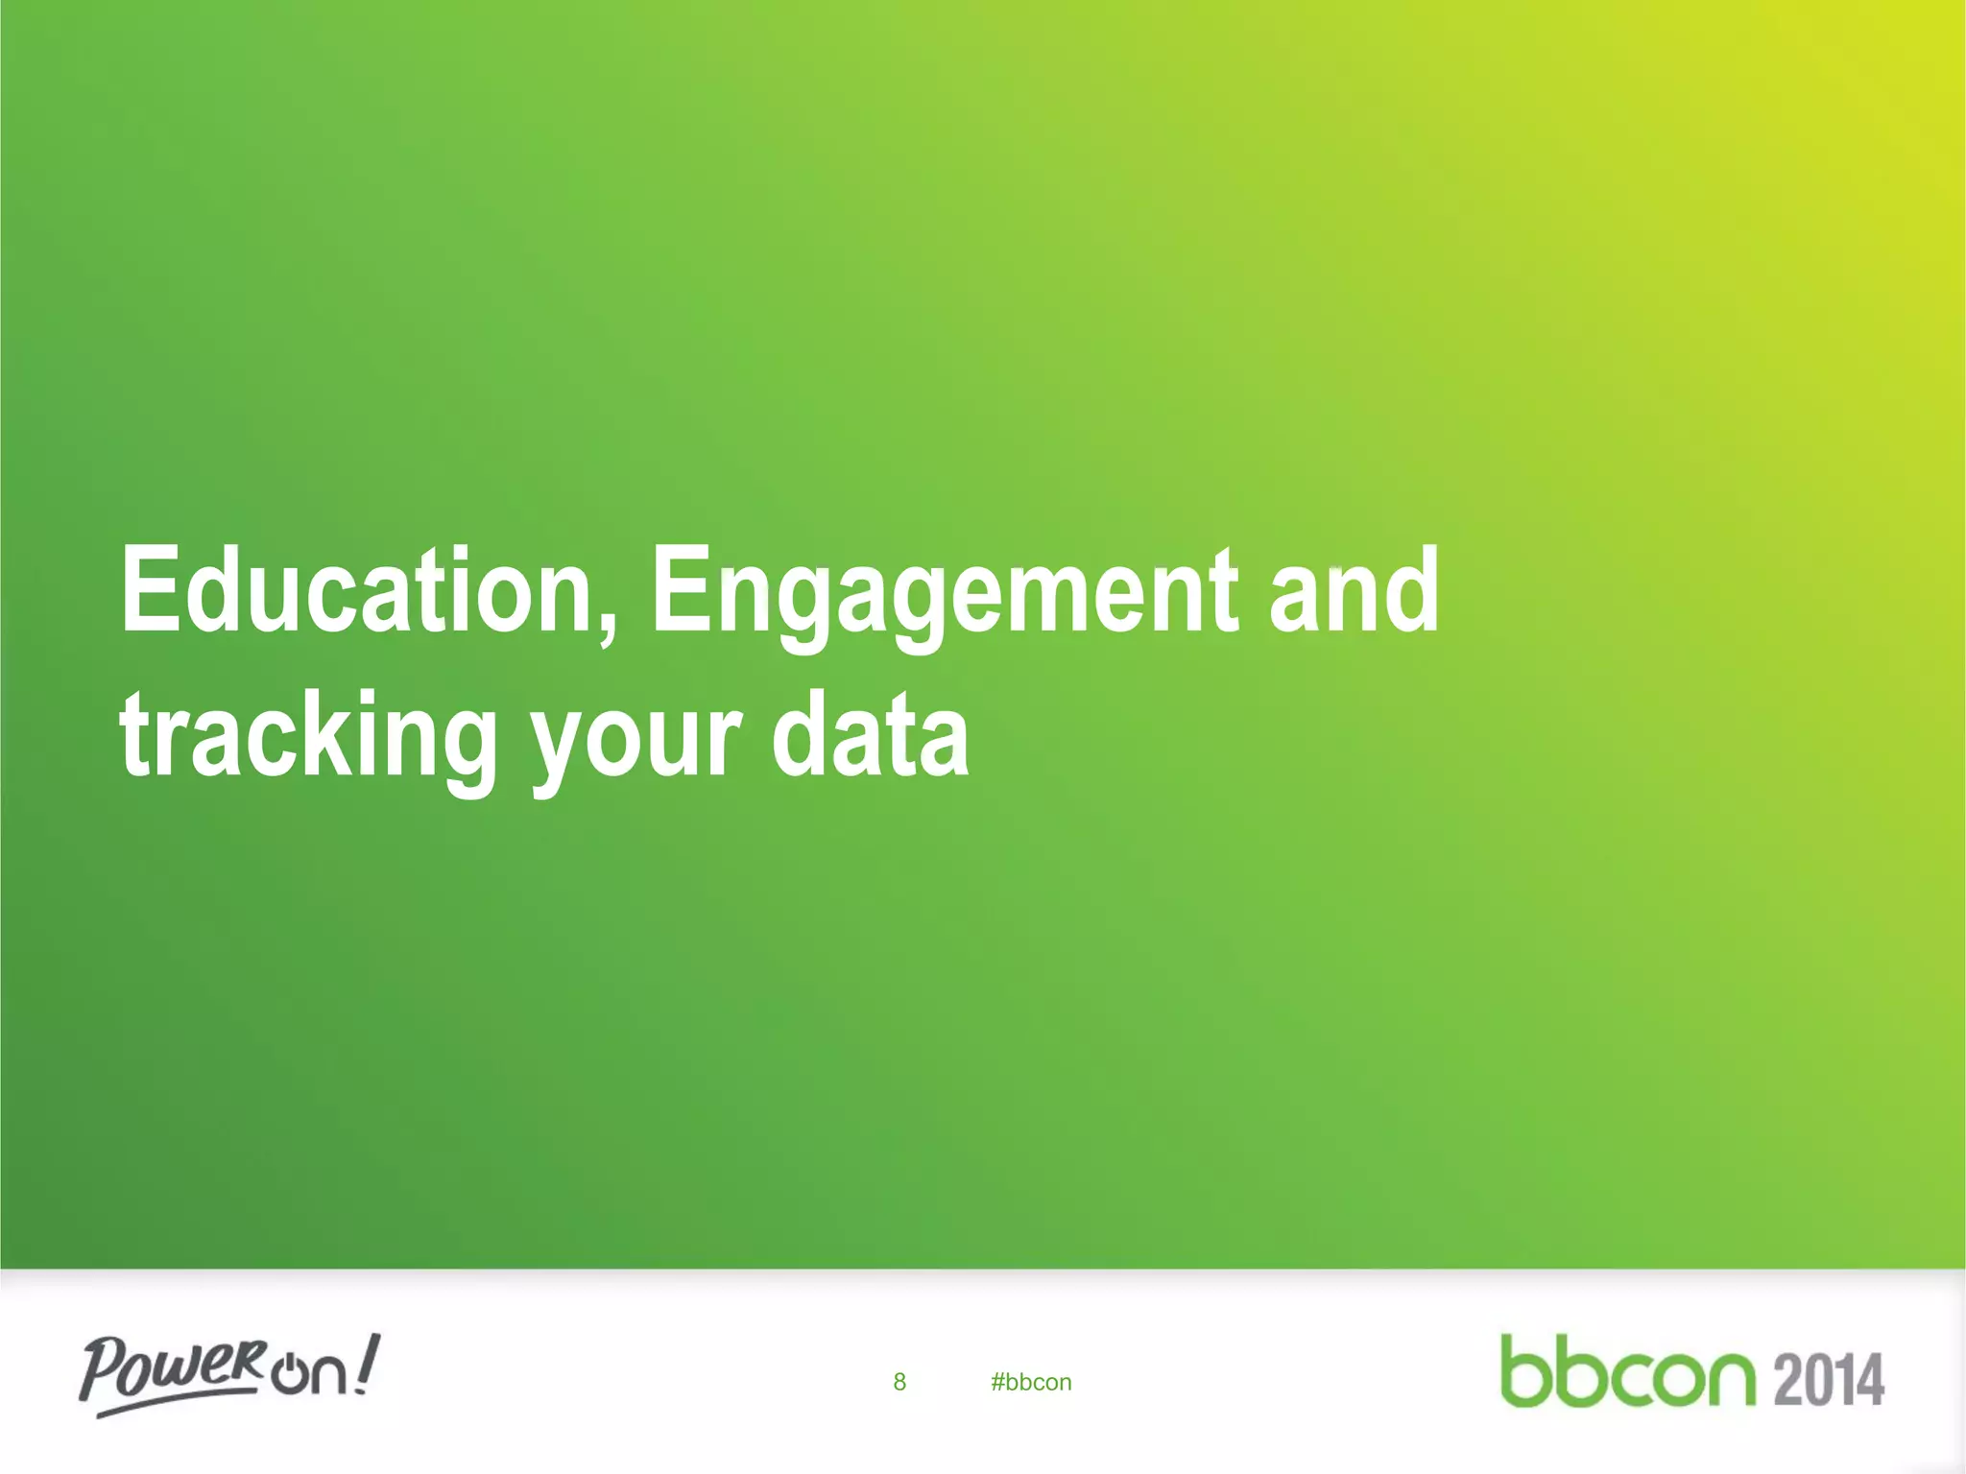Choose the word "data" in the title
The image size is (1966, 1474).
click(870, 736)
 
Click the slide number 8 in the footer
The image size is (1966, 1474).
click(899, 1382)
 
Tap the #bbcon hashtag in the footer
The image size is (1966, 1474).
click(1031, 1382)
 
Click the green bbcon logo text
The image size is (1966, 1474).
click(1627, 1372)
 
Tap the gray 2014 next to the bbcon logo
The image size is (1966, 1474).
click(1829, 1380)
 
